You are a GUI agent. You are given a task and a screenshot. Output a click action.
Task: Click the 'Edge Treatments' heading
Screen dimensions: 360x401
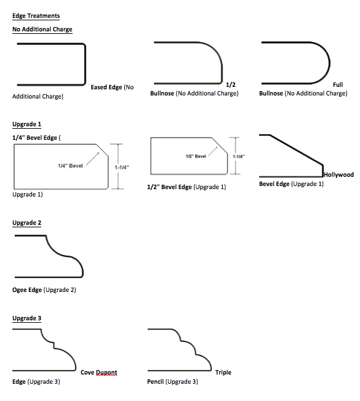tap(36, 16)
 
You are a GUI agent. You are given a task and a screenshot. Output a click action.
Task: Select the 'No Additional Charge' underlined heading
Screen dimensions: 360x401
tap(42, 30)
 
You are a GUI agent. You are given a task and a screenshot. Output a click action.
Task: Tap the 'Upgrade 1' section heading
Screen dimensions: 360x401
tap(27, 124)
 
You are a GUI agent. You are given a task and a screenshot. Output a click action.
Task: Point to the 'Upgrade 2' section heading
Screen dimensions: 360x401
tap(27, 223)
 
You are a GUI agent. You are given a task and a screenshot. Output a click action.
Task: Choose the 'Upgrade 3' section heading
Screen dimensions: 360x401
tap(27, 318)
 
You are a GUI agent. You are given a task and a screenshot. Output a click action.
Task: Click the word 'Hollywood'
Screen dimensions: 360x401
tap(339, 175)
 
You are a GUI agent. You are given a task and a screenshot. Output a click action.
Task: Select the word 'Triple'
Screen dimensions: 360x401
tap(223, 373)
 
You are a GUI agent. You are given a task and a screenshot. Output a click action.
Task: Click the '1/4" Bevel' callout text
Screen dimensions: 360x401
tap(70, 166)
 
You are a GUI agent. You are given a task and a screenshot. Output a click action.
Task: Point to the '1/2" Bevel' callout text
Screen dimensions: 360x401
tap(196, 156)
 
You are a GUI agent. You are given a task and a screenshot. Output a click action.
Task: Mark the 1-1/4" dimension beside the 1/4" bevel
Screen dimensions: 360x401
tap(122, 168)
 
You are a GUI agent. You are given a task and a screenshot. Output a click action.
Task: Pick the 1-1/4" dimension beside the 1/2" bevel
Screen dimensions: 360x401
tap(239, 156)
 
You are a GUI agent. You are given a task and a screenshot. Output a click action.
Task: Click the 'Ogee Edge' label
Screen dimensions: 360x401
tap(27, 290)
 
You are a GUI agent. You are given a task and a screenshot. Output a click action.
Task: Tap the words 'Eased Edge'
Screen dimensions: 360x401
tap(106, 87)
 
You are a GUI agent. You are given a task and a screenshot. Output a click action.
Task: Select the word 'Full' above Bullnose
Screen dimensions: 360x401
tap(338, 84)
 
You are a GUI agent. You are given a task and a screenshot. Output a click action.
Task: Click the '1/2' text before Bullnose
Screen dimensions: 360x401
tap(231, 84)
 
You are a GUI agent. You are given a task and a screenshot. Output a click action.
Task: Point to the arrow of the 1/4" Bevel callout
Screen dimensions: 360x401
tap(92, 159)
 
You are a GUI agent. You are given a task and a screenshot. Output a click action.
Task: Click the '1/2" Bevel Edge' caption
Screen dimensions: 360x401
tap(169, 187)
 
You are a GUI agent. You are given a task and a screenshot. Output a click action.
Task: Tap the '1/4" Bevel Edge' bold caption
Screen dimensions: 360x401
tap(34, 138)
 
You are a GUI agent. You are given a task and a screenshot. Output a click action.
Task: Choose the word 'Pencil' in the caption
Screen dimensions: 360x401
tap(155, 382)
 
